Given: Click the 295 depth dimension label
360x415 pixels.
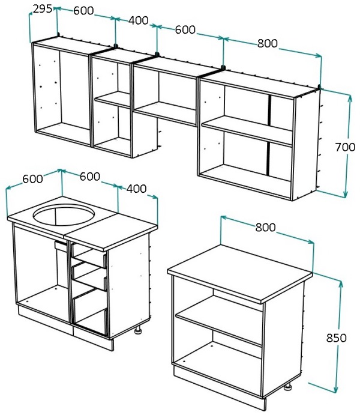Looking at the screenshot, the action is (x=42, y=9).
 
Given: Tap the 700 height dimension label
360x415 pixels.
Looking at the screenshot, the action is (x=345, y=147).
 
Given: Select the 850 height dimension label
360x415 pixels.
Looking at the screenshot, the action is (x=336, y=338).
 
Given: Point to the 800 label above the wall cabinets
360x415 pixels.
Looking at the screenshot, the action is (x=268, y=43).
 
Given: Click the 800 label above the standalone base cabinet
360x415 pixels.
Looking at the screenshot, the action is (x=266, y=227).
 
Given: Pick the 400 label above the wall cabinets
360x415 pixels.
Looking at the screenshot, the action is (x=139, y=20).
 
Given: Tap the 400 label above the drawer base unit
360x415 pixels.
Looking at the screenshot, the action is (x=136, y=189).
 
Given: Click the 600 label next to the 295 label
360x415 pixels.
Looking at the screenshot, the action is (x=83, y=10).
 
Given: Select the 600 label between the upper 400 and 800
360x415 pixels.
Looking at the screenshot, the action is (x=185, y=29).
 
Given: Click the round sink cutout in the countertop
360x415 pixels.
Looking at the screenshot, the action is (x=64, y=214).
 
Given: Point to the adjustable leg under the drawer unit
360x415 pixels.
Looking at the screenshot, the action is (x=138, y=330).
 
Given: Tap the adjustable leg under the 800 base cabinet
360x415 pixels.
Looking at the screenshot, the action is (x=287, y=386).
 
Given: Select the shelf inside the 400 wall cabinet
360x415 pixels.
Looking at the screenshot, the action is (x=113, y=100).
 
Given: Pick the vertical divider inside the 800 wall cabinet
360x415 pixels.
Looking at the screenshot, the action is (x=269, y=135).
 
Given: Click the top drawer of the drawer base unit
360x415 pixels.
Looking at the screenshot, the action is (x=89, y=254).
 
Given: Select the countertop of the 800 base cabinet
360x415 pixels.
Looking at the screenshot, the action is (x=240, y=274).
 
